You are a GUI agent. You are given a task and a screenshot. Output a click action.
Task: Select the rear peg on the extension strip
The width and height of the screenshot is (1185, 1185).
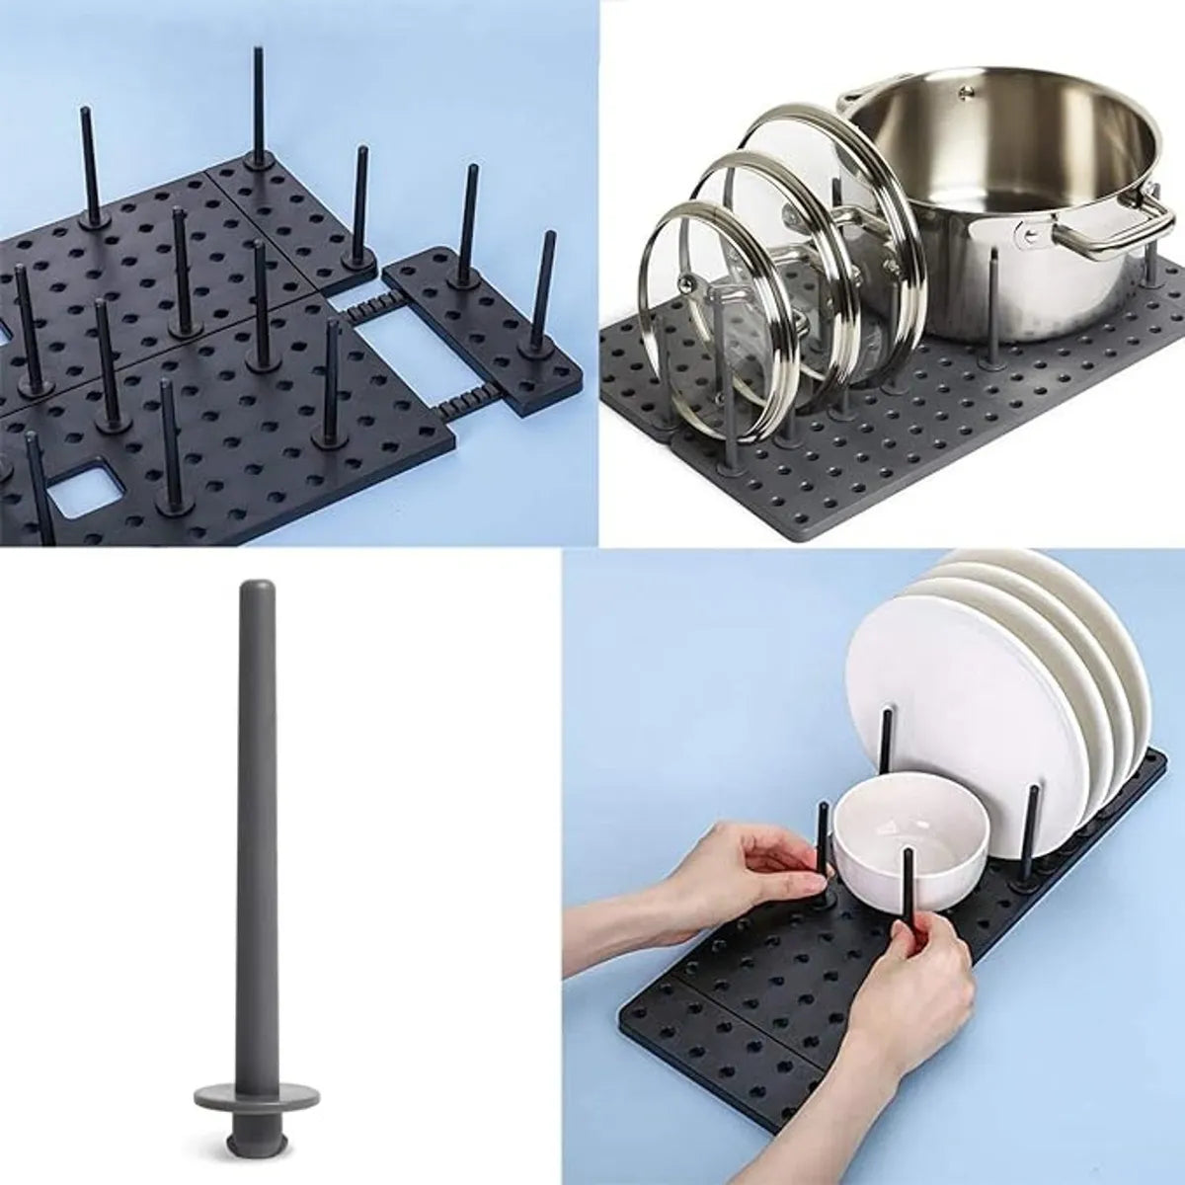pos(463,227)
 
